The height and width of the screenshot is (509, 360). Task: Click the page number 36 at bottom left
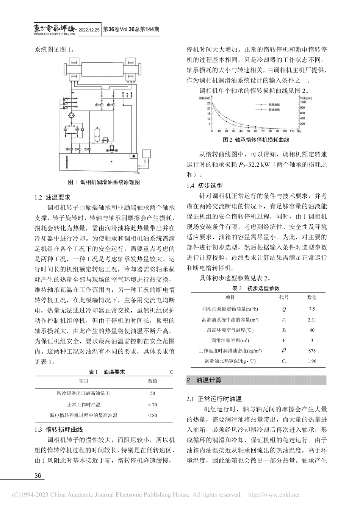click(38, 476)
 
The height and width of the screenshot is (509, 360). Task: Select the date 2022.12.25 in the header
click(89, 30)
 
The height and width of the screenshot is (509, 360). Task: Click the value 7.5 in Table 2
click(311, 309)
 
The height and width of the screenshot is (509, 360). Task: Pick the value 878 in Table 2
click(311, 351)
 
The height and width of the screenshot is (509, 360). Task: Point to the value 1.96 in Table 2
click(311, 361)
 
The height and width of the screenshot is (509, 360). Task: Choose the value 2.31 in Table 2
click(311, 320)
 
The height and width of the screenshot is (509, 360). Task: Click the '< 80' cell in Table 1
click(152, 415)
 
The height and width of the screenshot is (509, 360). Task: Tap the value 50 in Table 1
click(152, 393)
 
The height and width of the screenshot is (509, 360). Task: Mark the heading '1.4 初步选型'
click(205, 185)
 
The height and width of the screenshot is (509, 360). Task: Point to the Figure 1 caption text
click(104, 182)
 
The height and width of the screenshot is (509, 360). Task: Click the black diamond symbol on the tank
click(133, 156)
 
